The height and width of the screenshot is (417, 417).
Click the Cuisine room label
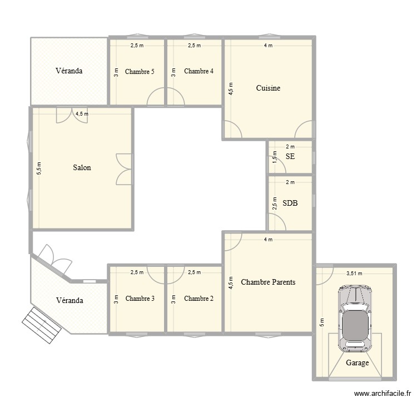(268, 88)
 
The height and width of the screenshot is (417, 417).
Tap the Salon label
(82, 167)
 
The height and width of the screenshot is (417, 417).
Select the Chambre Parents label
(268, 282)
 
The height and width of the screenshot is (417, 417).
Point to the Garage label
(358, 363)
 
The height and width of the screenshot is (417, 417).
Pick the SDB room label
(290, 203)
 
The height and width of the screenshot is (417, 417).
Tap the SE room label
(290, 157)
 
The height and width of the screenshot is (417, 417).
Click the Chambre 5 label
(140, 71)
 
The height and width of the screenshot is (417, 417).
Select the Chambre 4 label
(199, 71)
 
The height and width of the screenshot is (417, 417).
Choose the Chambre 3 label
(140, 299)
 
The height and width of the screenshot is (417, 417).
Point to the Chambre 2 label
(199, 299)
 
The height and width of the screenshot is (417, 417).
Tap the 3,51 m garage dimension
(354, 274)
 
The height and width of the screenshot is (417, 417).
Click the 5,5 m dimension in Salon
(39, 168)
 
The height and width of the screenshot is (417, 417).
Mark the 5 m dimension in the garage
(321, 323)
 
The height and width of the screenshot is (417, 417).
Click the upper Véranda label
(69, 71)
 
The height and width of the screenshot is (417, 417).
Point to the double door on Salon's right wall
(125, 168)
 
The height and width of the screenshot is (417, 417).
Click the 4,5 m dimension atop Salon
(82, 113)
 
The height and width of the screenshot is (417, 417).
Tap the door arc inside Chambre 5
(156, 98)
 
